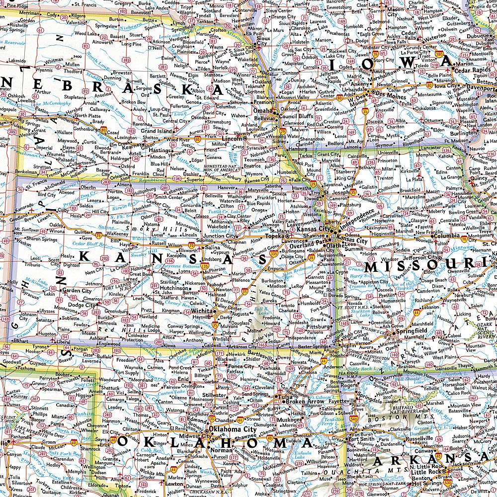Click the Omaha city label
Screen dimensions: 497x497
263,110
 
